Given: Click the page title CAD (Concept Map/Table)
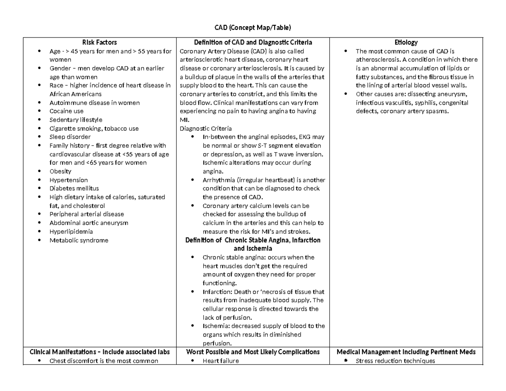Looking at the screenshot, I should click(253, 28).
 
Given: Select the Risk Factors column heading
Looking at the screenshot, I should click(100, 42).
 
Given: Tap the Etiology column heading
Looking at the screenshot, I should click(406, 42).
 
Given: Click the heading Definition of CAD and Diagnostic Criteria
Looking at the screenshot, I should click(253, 42).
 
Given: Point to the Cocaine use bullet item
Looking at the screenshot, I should click(66, 111).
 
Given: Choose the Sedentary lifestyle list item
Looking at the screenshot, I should click(75, 120).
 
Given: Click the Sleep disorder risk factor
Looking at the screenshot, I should click(70, 137).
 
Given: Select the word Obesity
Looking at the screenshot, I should click(60, 171).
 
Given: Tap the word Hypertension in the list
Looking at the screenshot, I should click(68, 180).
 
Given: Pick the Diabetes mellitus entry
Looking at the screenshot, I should click(74, 189).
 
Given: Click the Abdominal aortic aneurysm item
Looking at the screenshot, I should click(89, 223).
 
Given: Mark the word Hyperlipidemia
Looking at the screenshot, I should click(71, 232).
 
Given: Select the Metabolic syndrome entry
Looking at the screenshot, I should click(78, 240).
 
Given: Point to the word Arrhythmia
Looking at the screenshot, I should click(216, 180).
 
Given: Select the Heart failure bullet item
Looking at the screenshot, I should click(221, 361).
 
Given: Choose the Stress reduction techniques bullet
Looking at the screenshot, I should click(395, 361).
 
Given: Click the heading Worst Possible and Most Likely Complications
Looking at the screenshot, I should click(253, 352).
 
